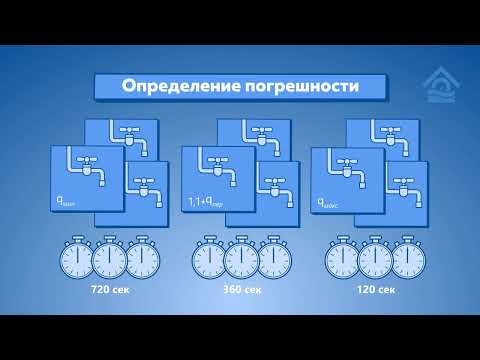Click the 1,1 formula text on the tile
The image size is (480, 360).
click(x=207, y=203)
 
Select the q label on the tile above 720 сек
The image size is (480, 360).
click(x=71, y=203)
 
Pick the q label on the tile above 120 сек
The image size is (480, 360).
click(x=332, y=203)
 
